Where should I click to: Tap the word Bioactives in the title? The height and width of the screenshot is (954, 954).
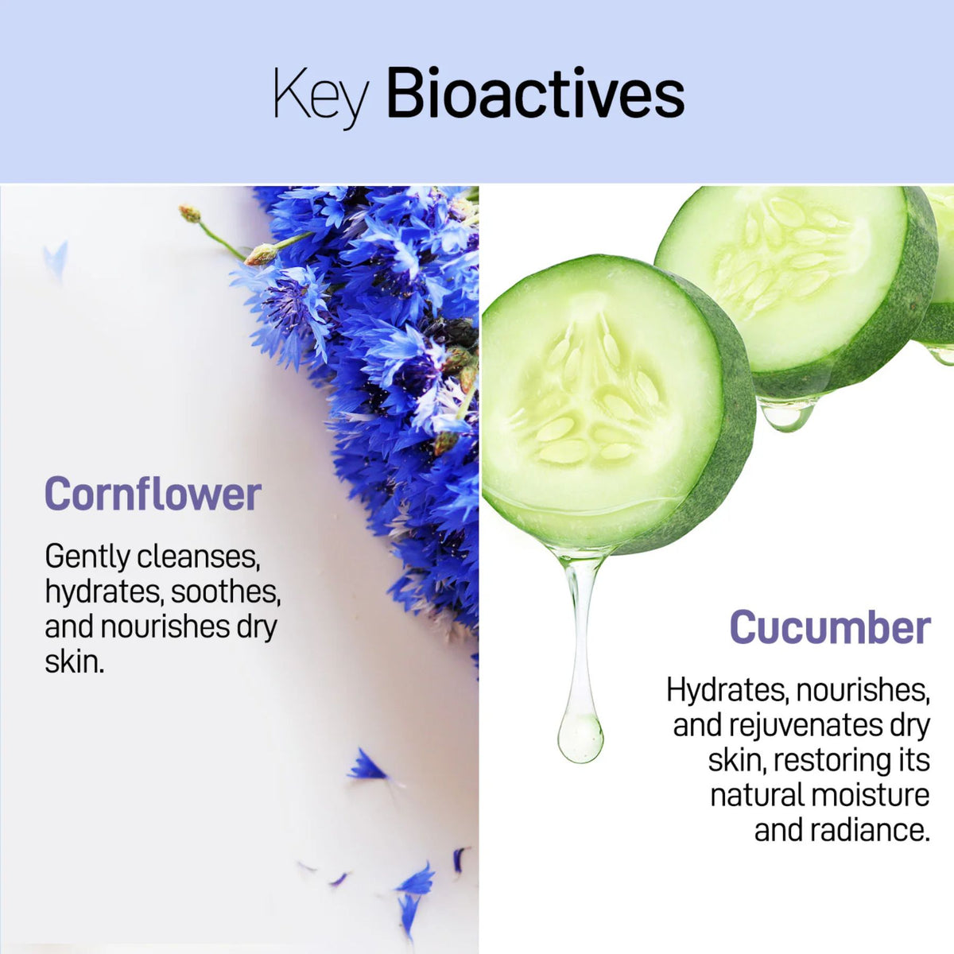[x=535, y=95]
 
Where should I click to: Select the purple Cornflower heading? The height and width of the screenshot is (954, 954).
[x=153, y=494]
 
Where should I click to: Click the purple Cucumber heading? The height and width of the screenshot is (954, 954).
[x=830, y=627]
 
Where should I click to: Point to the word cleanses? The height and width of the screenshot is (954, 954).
[x=199, y=557]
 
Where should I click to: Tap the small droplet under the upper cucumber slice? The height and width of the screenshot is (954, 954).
[x=787, y=415]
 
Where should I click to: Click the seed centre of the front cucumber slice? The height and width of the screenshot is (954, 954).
[x=592, y=397]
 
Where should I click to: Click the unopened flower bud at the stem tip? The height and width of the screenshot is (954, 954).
[x=189, y=213]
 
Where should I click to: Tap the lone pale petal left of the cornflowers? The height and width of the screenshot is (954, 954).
[x=56, y=258]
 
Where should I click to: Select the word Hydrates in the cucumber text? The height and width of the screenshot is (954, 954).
[x=725, y=690]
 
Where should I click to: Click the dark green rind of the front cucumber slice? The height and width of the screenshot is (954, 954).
[x=731, y=429]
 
